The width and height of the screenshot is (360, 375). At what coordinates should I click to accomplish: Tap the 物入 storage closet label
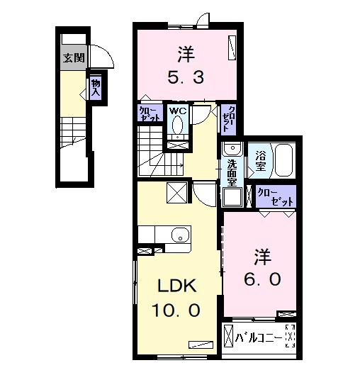click(x=95, y=88)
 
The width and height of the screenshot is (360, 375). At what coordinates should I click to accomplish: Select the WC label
click(x=177, y=111)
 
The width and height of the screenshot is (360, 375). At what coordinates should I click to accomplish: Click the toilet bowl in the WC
click(x=177, y=125)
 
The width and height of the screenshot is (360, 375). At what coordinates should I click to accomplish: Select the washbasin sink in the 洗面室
click(x=230, y=151)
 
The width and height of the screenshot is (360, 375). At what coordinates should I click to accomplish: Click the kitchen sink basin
click(x=179, y=236)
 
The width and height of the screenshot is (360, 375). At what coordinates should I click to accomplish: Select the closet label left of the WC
click(x=149, y=113)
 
